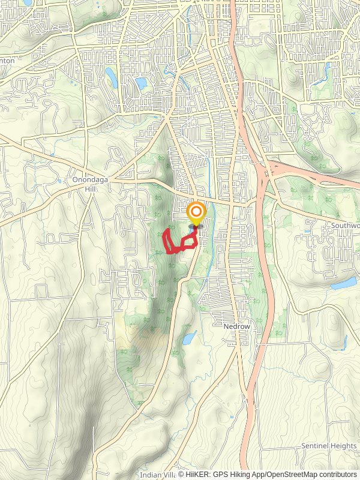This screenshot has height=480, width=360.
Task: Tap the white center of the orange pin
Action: (196, 211)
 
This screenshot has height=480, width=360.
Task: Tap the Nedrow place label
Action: (236, 327)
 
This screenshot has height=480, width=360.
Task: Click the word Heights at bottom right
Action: (344, 446)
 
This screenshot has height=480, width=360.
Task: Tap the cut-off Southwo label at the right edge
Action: (344, 226)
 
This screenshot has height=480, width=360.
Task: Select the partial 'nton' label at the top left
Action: (7, 61)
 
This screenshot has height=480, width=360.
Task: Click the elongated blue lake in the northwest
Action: (112, 76)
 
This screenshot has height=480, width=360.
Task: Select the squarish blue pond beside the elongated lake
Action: (141, 83)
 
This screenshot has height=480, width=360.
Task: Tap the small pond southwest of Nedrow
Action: (188, 338)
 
